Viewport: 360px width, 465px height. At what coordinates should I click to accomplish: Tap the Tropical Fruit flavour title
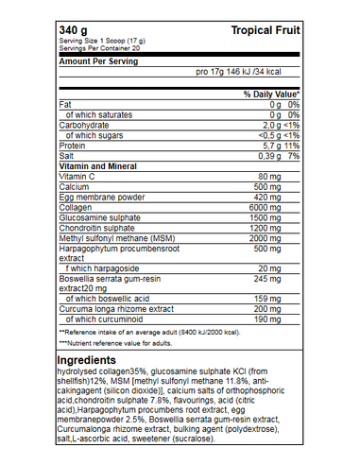266,31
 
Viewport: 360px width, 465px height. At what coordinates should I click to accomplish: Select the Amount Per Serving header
98,60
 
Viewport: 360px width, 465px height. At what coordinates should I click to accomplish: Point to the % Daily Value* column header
271,95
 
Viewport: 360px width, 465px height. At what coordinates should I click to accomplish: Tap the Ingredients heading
88,361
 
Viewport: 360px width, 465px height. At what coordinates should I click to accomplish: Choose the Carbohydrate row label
83,125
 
